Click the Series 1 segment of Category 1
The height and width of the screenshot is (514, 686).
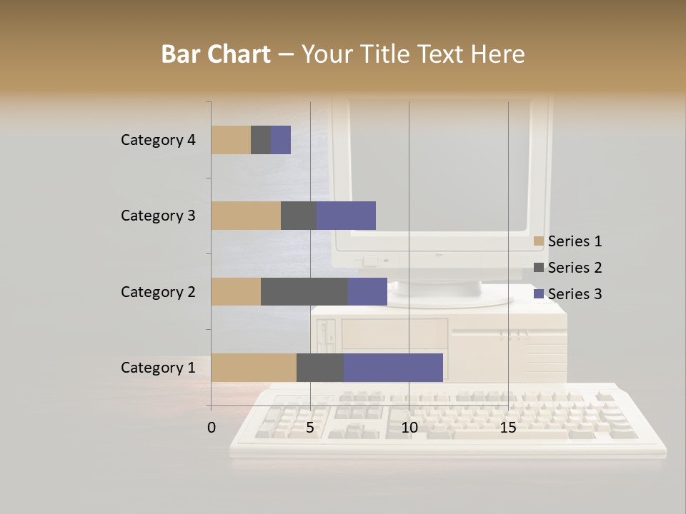click(254, 368)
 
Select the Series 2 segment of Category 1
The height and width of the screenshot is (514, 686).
click(320, 368)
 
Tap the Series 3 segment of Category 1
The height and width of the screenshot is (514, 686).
click(393, 368)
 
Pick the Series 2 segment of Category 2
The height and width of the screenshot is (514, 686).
click(304, 291)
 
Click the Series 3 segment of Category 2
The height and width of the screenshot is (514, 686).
click(367, 291)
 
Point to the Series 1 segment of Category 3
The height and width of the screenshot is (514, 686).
click(246, 216)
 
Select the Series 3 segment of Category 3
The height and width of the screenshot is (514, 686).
click(346, 216)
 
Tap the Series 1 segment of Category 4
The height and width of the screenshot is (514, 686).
click(231, 140)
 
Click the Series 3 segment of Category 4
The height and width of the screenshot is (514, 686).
click(281, 140)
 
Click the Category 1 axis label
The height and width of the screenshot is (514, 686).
click(158, 368)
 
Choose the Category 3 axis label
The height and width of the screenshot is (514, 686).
click(158, 216)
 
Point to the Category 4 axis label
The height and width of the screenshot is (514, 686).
click(158, 140)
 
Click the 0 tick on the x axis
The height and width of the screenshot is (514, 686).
click(212, 428)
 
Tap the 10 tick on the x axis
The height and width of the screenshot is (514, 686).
click(409, 428)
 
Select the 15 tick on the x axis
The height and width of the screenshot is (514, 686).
click(508, 428)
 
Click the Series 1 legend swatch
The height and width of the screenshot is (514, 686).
click(539, 241)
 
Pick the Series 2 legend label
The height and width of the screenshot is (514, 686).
click(575, 268)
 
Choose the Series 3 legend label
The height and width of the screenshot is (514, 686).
click(575, 294)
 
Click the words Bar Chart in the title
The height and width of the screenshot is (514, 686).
click(216, 54)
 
